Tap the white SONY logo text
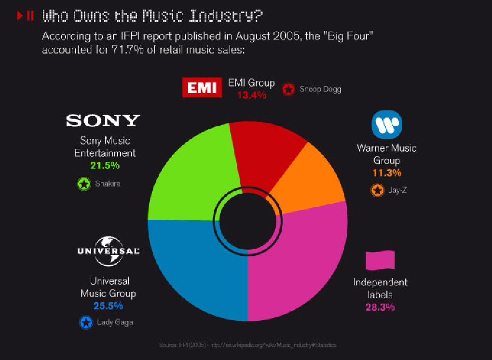(103, 120)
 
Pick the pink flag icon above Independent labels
(380, 260)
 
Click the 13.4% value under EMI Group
(251, 95)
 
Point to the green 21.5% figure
(105, 165)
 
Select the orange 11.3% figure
(387, 173)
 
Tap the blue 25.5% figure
(108, 306)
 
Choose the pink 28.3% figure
(380, 307)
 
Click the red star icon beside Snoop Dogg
(288, 90)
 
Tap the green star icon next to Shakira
(84, 184)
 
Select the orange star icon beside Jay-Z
(377, 190)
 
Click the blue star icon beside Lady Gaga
(86, 322)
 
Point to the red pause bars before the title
(30, 16)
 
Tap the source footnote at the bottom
(247, 345)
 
